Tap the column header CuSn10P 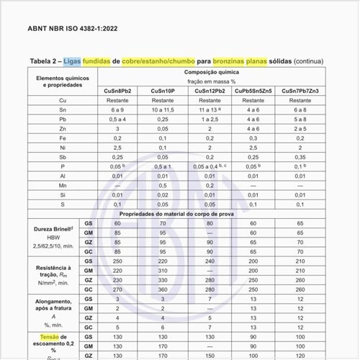[x=165, y=90]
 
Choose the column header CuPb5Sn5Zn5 [x=253, y=90]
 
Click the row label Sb [x=63, y=156]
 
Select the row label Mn [x=63, y=185]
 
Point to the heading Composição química [x=209, y=73]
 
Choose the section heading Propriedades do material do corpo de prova [x=209, y=214]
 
